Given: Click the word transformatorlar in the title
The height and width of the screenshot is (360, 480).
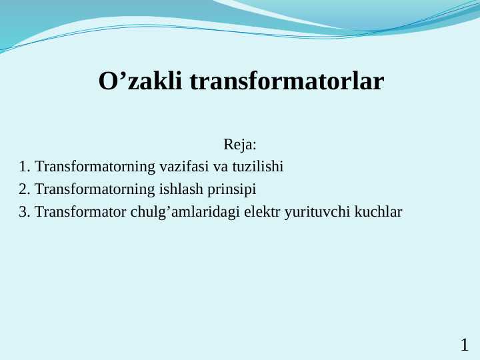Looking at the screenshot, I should click(x=287, y=82).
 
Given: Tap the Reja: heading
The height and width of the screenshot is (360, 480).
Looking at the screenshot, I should click(x=240, y=145).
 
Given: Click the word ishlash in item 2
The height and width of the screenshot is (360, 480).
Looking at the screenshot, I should click(x=181, y=189).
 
